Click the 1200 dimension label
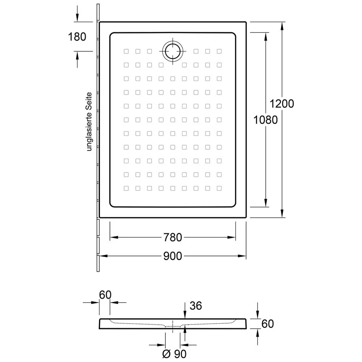point(282,104)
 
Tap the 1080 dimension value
point(265,120)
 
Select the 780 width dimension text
point(173,237)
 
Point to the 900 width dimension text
point(173,256)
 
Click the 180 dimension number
point(77,37)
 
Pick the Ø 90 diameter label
point(174,354)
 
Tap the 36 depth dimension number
point(196,306)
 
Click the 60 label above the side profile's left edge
point(105,295)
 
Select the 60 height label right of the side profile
point(268,324)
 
